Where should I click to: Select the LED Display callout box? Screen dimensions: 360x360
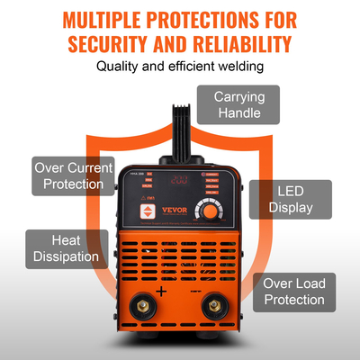coord(291,199)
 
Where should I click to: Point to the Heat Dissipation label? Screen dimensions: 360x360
coord(62,248)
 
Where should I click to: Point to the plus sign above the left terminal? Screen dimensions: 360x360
coord(161,291)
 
